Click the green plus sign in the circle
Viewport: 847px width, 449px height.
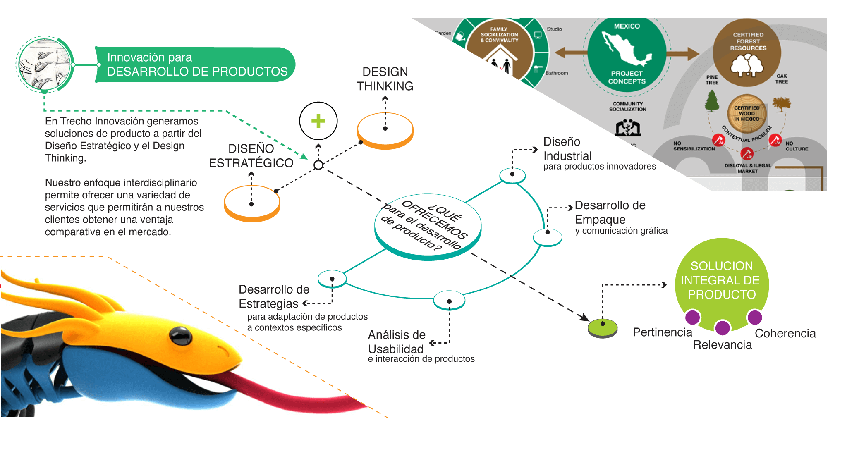[x=318, y=121]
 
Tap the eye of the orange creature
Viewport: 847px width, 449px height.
[x=181, y=335]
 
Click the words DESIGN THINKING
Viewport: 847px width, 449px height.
[x=385, y=79]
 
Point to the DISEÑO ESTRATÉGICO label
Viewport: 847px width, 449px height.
[x=251, y=156]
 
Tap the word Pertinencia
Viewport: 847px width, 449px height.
[x=662, y=332]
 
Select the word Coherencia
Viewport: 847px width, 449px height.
[x=785, y=333]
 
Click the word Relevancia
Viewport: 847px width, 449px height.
[x=722, y=345]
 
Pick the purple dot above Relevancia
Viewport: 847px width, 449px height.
[x=722, y=328]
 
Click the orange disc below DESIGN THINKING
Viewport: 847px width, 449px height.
[x=385, y=130]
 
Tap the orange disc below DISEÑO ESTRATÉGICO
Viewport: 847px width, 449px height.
[x=252, y=203]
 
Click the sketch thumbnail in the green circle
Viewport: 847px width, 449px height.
[x=44, y=64]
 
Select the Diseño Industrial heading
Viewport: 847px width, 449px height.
[x=567, y=149]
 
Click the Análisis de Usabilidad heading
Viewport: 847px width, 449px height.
[x=396, y=342]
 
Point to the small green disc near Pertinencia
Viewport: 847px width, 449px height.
[x=603, y=328]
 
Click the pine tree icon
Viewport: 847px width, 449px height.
[x=712, y=101]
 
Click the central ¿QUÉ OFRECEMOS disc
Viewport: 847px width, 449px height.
[x=428, y=227]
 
